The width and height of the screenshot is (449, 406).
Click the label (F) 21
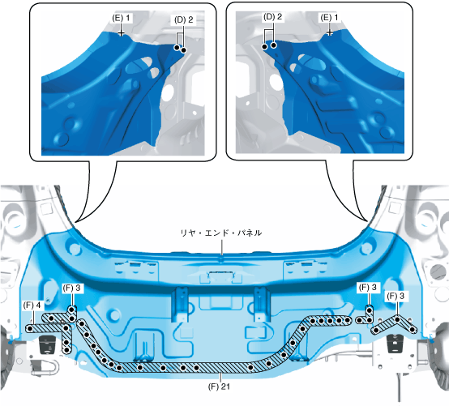tap(219, 387)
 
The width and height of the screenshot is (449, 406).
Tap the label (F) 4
tap(32, 306)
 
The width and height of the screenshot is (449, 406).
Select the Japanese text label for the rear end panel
tap(220, 233)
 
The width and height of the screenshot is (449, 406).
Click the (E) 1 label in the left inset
tap(121, 18)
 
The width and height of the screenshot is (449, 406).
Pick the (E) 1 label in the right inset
tap(329, 18)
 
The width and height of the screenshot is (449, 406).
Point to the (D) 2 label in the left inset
tap(183, 19)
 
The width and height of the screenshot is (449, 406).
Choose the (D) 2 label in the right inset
tap(272, 17)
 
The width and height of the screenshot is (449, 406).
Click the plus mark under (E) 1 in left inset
tap(122, 33)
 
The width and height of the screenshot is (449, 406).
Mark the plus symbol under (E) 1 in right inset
tap(330, 33)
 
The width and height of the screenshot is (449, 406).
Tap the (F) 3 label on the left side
tap(71, 288)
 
